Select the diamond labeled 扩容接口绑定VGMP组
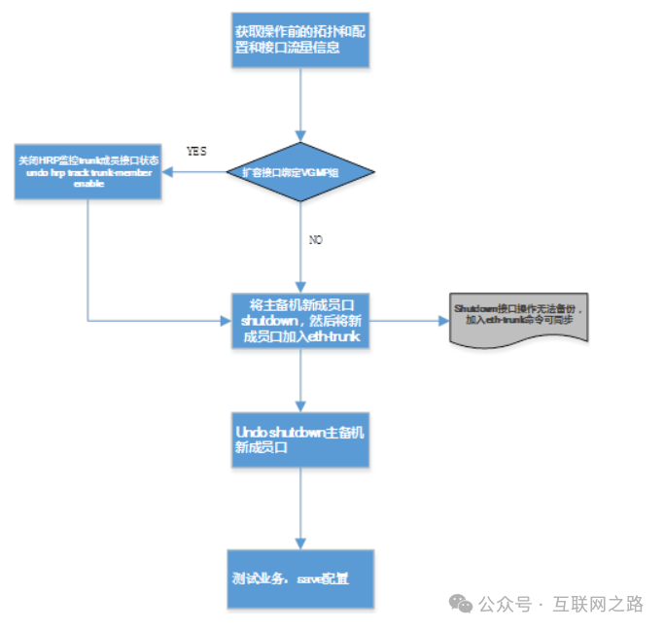coord(300,172)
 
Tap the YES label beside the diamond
coord(196,152)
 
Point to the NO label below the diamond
coord(315,239)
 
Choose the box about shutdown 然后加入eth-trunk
coord(300,320)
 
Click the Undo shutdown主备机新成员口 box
coord(300,437)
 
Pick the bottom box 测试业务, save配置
coord(300,578)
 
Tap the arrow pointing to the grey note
coord(408,320)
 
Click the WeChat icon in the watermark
coord(461,604)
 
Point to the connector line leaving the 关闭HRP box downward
coord(88,258)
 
